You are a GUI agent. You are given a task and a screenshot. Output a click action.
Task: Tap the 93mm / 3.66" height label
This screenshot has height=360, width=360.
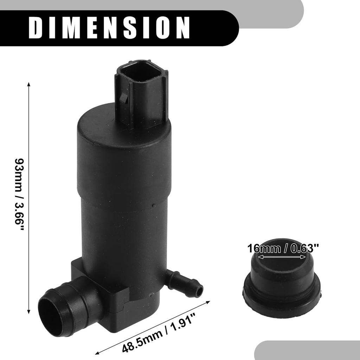point(20,194)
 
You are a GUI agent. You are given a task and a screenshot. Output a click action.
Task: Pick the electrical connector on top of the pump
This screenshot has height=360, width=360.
point(141,91)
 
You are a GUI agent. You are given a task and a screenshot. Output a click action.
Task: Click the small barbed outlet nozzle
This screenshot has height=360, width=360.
point(185,283)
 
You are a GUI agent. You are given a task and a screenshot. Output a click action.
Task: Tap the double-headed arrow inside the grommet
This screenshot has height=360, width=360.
point(282,257)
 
